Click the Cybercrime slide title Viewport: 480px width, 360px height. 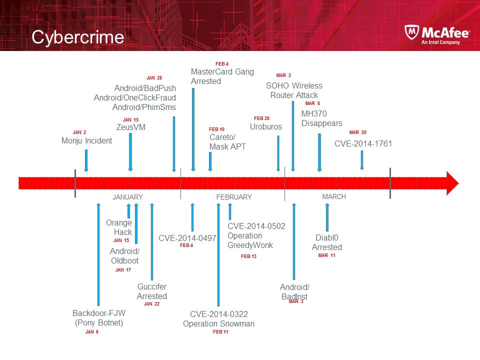tap(77, 37)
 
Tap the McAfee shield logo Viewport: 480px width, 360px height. tap(411, 33)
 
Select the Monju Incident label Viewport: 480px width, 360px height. tap(86, 141)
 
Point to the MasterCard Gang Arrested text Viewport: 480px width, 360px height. tap(222, 76)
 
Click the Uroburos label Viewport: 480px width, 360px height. tap(265, 127)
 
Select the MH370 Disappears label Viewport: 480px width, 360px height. tap(321, 118)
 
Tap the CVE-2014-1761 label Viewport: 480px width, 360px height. tap(363, 144)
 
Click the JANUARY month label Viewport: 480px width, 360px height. tap(127, 197)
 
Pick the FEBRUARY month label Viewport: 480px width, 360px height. tap(234, 197)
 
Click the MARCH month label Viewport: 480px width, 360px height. tap(334, 196)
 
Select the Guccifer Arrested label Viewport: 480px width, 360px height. tap(152, 291)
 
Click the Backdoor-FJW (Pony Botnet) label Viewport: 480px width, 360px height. tap(99, 318)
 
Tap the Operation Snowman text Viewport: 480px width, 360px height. tap(218, 324)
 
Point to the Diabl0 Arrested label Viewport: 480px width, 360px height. tap(327, 242)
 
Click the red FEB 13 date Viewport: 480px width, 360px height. tap(248, 256)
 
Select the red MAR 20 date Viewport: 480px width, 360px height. tap(357, 132)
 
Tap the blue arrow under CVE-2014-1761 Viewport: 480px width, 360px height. tap(362, 160)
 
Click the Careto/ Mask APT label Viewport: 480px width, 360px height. tap(227, 142)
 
